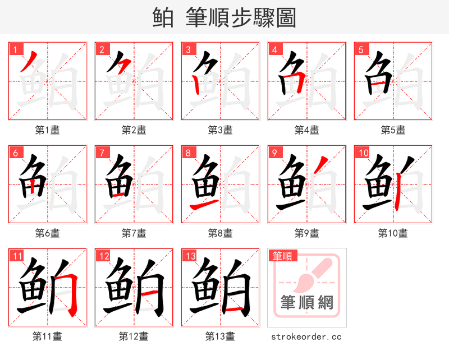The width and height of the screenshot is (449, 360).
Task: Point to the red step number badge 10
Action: (363, 153)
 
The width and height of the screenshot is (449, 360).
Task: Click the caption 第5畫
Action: (393, 130)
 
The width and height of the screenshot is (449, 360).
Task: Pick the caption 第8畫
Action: (220, 233)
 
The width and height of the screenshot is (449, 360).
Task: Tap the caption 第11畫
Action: (47, 336)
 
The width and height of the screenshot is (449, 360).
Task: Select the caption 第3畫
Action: (220, 130)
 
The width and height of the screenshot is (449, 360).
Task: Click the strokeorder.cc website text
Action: (306, 337)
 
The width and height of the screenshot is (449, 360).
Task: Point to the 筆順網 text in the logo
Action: (307, 303)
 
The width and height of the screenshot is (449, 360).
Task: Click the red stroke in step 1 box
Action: (29, 62)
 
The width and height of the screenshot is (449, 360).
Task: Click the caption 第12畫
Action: (134, 336)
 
